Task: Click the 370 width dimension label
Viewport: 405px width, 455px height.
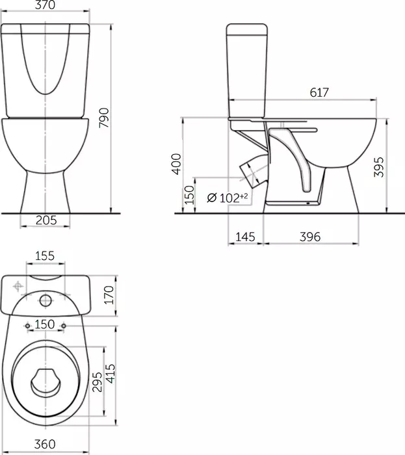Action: [x=45, y=5]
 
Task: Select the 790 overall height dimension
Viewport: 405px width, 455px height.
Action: [x=104, y=118]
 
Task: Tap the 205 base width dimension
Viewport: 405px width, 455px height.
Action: [x=46, y=220]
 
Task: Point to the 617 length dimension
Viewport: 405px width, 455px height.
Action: [x=319, y=92]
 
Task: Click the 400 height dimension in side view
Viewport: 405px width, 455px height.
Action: [x=176, y=164]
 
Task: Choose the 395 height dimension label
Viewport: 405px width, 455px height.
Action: [x=378, y=167]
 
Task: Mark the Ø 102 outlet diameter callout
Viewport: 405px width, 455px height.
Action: [x=228, y=198]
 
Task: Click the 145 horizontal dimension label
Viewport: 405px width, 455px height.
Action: [x=245, y=237]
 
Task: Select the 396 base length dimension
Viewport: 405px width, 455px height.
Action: [x=310, y=237]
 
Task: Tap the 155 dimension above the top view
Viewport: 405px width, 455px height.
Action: [x=45, y=256]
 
